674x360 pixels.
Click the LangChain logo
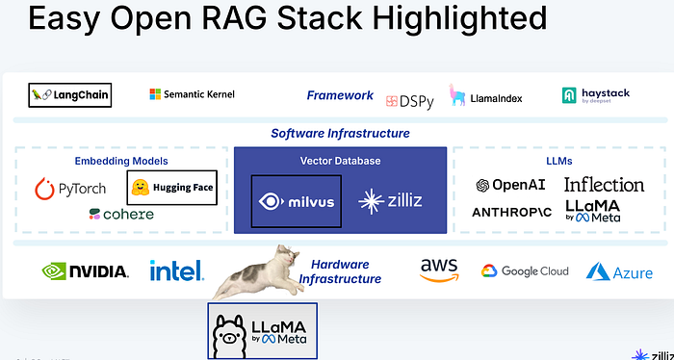coord(70,95)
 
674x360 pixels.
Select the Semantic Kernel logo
coord(193,94)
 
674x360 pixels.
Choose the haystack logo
coord(597,95)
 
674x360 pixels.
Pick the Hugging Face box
coord(171,188)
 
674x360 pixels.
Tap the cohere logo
coord(121,214)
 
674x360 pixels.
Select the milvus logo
coord(297,201)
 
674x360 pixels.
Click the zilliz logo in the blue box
coord(389,201)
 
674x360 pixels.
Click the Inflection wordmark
coord(604,185)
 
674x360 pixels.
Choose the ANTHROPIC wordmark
coord(511,212)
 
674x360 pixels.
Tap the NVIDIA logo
coord(85,270)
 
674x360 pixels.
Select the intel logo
coord(176,270)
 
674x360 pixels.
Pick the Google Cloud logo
coord(525,271)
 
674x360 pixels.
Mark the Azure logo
coord(619,272)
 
